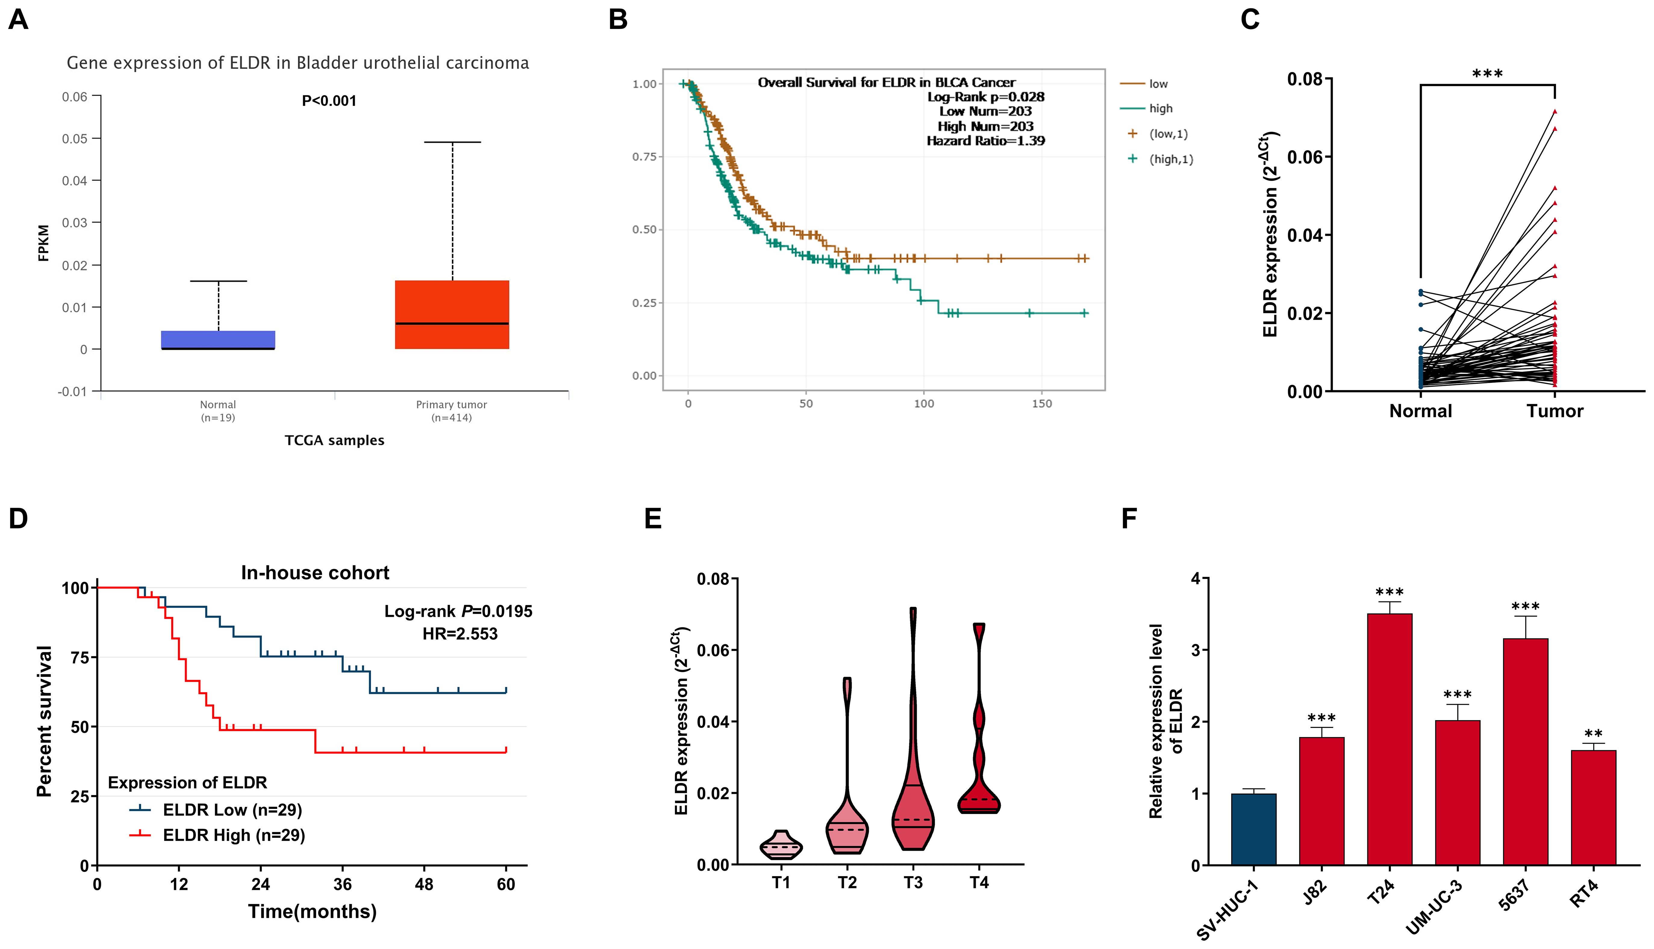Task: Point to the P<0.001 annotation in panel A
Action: click(x=329, y=101)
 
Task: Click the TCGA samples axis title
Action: click(x=334, y=441)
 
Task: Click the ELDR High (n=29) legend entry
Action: click(x=233, y=835)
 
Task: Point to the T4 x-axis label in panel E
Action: click(x=979, y=883)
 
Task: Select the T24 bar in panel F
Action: click(x=1389, y=740)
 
